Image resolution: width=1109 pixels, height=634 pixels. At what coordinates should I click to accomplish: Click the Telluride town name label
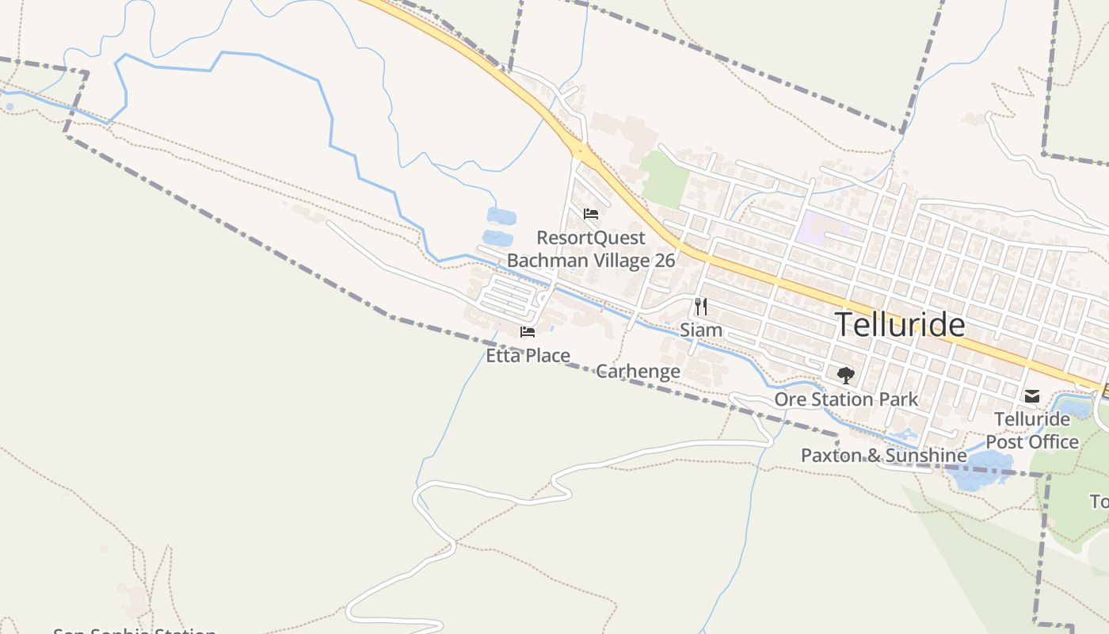900,325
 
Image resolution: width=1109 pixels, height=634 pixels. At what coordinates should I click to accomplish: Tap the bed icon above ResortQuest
590,213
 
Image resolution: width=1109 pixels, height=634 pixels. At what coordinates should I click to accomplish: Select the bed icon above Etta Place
528,332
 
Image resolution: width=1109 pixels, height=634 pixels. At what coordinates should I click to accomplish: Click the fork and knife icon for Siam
701,307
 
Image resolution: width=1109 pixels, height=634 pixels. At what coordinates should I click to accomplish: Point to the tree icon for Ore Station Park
846,375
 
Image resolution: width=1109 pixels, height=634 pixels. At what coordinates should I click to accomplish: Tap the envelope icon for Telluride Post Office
1032,395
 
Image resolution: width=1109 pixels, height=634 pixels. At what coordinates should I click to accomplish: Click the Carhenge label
638,371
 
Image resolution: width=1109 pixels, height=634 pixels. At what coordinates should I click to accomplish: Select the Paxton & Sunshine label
883,456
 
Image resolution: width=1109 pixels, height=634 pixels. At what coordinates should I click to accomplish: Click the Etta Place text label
528,356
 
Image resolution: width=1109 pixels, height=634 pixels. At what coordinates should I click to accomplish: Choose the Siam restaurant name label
701,330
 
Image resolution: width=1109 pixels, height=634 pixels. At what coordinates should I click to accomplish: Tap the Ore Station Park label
846,399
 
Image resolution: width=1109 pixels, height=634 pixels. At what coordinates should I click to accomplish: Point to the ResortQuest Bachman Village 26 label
591,249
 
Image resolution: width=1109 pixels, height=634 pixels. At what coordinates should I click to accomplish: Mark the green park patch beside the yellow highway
665,178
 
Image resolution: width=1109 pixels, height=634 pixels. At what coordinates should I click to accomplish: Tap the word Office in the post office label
1053,441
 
